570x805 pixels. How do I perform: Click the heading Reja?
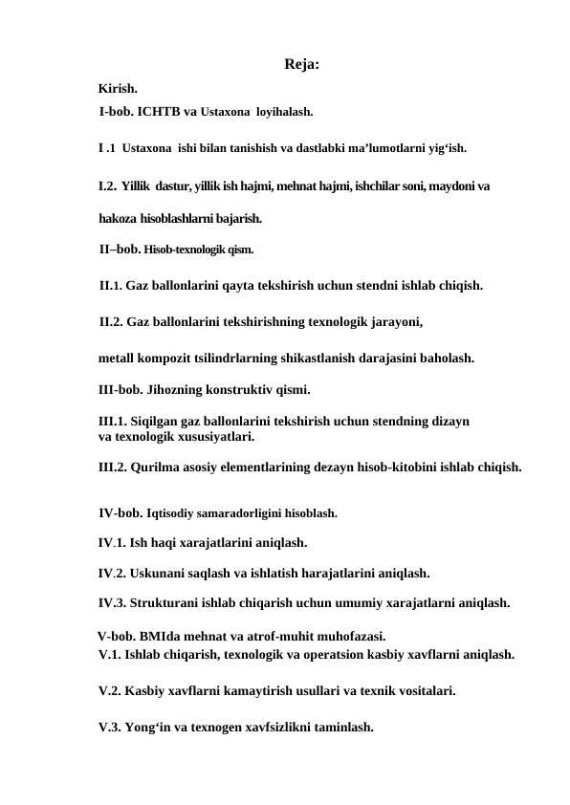click(x=301, y=66)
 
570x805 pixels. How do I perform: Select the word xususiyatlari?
click(x=211, y=437)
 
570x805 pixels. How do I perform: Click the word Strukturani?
click(x=167, y=603)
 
